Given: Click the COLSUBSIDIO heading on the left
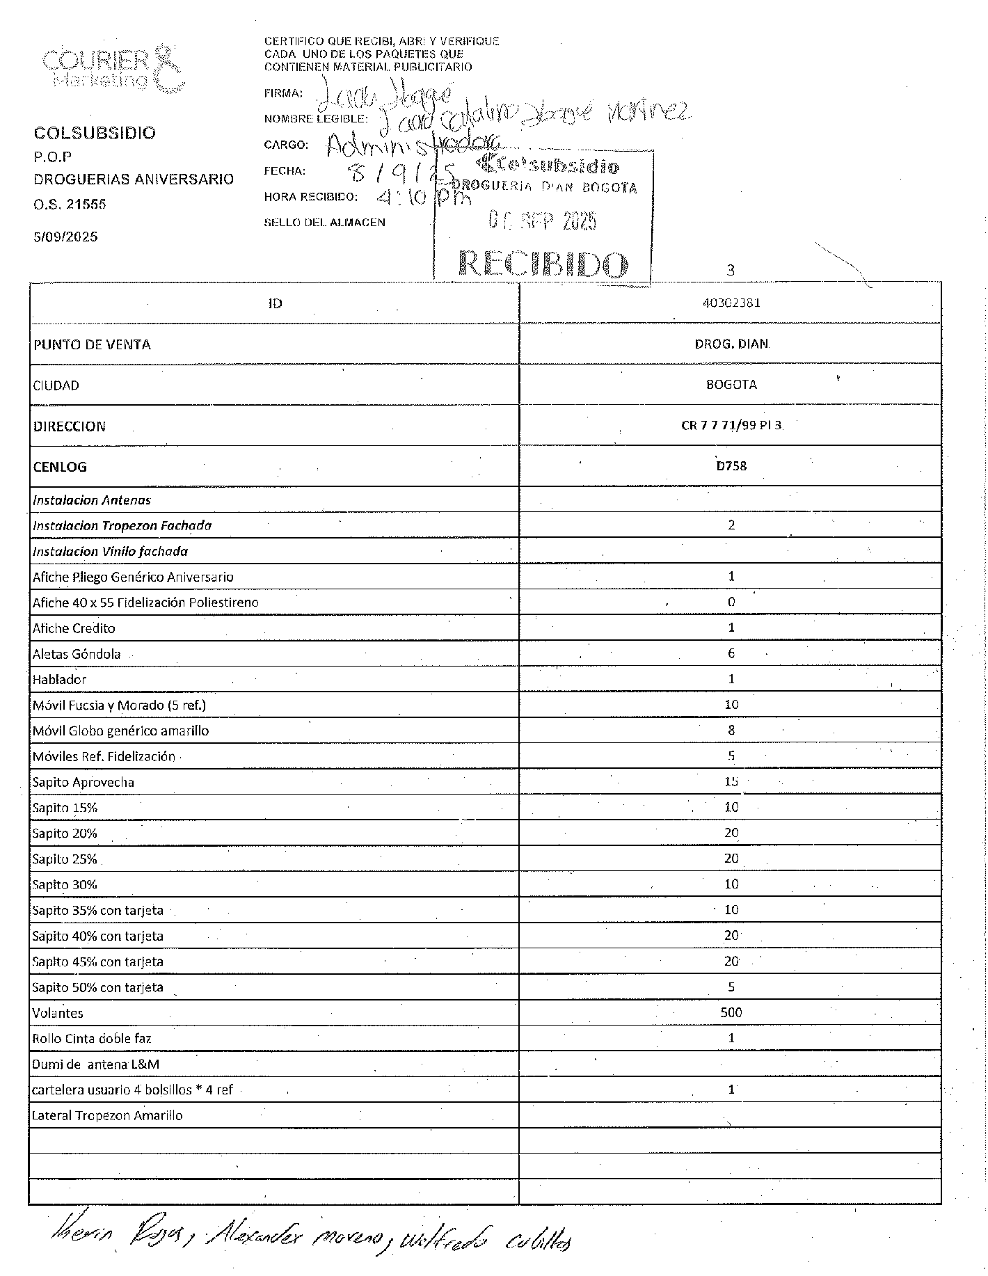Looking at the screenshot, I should [95, 133].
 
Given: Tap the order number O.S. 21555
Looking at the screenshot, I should [70, 205].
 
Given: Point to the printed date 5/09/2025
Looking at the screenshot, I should [65, 237].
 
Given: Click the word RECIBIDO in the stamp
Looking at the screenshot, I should [543, 265].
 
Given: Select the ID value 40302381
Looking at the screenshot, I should [731, 303].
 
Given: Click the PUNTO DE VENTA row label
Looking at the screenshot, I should [92, 344].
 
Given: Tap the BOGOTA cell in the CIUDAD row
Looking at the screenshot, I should [731, 385].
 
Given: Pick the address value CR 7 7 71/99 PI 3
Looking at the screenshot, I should [731, 425].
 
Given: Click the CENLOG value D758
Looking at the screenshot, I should [731, 466].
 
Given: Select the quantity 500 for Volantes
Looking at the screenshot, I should [731, 1012].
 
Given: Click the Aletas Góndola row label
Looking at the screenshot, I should [77, 654].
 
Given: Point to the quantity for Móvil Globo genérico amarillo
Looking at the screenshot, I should [731, 731].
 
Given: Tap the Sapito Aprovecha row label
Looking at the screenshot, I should [83, 782].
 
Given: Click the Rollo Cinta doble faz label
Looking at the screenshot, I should [91, 1039].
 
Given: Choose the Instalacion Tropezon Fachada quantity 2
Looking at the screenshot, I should [731, 525].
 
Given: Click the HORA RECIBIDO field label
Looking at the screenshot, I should [310, 197].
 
